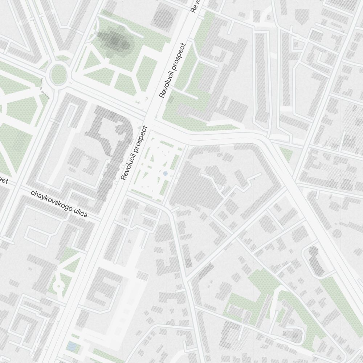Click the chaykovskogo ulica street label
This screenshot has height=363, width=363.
point(59,204)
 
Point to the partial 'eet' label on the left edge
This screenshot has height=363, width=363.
point(3,181)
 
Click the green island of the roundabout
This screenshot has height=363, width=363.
point(58,75)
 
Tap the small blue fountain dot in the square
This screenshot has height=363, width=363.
point(166,174)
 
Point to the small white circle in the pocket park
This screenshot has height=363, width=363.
point(58,286)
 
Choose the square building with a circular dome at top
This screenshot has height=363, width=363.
point(163,17)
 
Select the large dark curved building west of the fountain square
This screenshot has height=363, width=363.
point(109,145)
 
